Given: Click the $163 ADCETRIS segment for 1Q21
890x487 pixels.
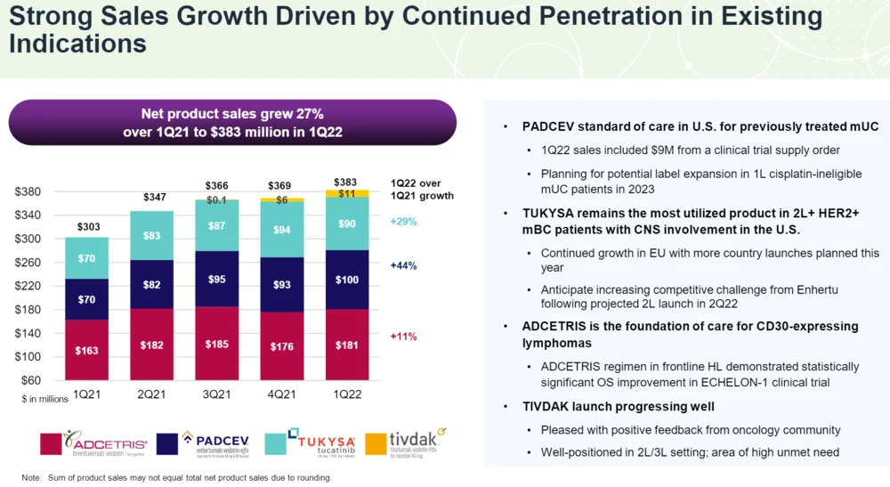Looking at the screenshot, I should point(87,350).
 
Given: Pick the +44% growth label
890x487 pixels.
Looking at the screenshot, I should point(403,265).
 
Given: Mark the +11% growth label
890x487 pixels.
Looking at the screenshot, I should point(403,337).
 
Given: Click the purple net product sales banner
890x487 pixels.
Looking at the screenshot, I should point(232,123).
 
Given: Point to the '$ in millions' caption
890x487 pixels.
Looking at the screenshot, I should point(45,400).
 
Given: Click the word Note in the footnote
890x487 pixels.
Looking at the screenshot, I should point(32,478).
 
